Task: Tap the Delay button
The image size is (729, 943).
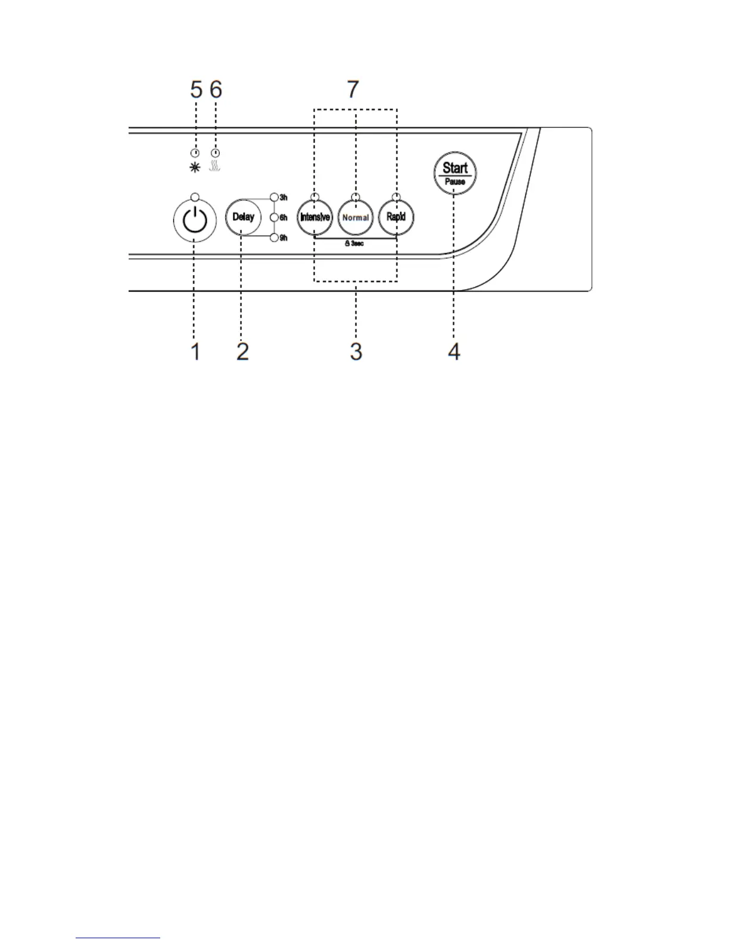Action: pos(243,217)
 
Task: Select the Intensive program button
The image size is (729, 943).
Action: pos(314,217)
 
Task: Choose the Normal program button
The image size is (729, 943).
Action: pos(356,217)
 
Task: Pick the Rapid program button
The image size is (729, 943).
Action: pos(396,217)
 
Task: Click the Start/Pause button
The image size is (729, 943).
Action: pos(455,173)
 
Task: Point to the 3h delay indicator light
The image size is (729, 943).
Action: pos(275,197)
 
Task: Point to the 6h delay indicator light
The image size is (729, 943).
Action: pos(275,218)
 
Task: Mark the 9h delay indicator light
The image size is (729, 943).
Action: pos(275,238)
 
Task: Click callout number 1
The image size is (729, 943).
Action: pos(195,351)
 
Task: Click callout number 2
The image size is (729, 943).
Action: pos(242,351)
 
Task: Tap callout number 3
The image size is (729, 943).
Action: pos(356,351)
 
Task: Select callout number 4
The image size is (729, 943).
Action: pos(454,351)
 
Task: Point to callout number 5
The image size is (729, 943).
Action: pos(196,89)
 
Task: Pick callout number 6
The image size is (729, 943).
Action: pos(216,89)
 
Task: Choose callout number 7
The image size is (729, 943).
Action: pos(353,89)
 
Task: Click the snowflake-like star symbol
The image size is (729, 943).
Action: pos(195,168)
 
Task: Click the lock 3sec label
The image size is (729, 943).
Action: pos(354,244)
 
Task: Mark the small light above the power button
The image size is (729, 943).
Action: pos(194,196)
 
